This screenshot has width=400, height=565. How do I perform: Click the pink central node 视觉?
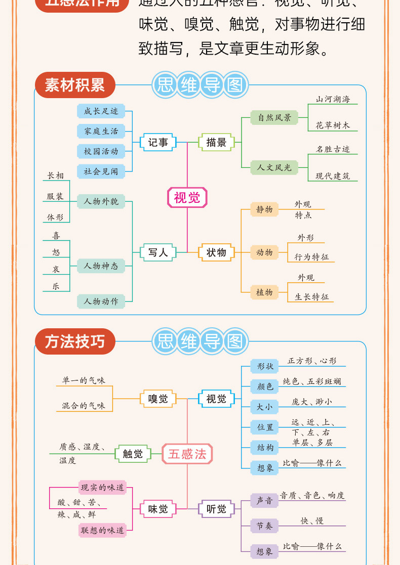pos(187,197)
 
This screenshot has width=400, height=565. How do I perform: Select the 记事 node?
pos(158,143)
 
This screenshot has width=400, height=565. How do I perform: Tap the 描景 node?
pos(216,143)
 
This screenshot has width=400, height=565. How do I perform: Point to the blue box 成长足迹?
pos(101,111)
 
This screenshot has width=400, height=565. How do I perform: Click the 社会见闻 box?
pos(101,171)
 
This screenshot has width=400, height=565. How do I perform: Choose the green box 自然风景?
pos(274,118)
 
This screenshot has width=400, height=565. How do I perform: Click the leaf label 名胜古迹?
pos(333,149)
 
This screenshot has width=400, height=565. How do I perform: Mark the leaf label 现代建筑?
pos(333,176)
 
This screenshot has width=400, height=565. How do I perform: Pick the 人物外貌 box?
pos(101,201)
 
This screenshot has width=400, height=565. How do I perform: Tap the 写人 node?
pos(158,252)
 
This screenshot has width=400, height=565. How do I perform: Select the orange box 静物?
pos(264,209)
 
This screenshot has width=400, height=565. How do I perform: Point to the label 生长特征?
pos(311,297)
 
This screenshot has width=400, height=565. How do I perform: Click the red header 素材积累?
pos(75,85)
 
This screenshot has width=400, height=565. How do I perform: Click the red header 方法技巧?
pos(75,341)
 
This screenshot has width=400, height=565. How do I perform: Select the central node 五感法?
pos(187,454)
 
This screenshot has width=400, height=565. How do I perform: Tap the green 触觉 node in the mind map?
pos(133,454)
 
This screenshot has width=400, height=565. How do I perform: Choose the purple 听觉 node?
pos(216,509)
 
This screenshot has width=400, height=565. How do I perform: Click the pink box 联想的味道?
pos(102,530)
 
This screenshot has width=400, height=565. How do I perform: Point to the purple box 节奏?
pos(264,526)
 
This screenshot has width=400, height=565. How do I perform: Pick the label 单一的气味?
pos(84,380)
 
